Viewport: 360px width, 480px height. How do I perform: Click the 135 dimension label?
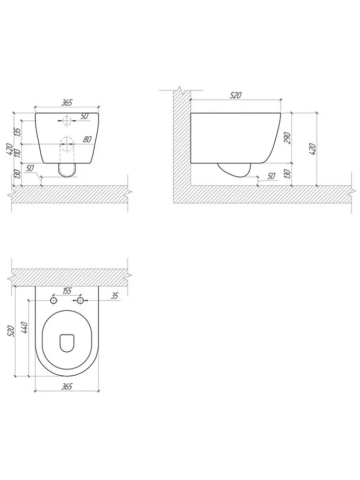17,132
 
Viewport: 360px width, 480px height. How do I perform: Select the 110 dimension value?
17,153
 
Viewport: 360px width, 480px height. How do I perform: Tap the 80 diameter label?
87,139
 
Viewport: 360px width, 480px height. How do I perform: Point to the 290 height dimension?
287,138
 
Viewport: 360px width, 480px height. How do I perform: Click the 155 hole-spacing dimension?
67,291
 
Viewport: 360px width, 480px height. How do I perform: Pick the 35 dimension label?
115,296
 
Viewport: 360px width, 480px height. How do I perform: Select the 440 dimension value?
25,328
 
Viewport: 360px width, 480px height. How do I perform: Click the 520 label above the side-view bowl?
235,95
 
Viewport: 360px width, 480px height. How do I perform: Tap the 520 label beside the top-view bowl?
11,331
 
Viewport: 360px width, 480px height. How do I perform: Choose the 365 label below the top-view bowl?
66,387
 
